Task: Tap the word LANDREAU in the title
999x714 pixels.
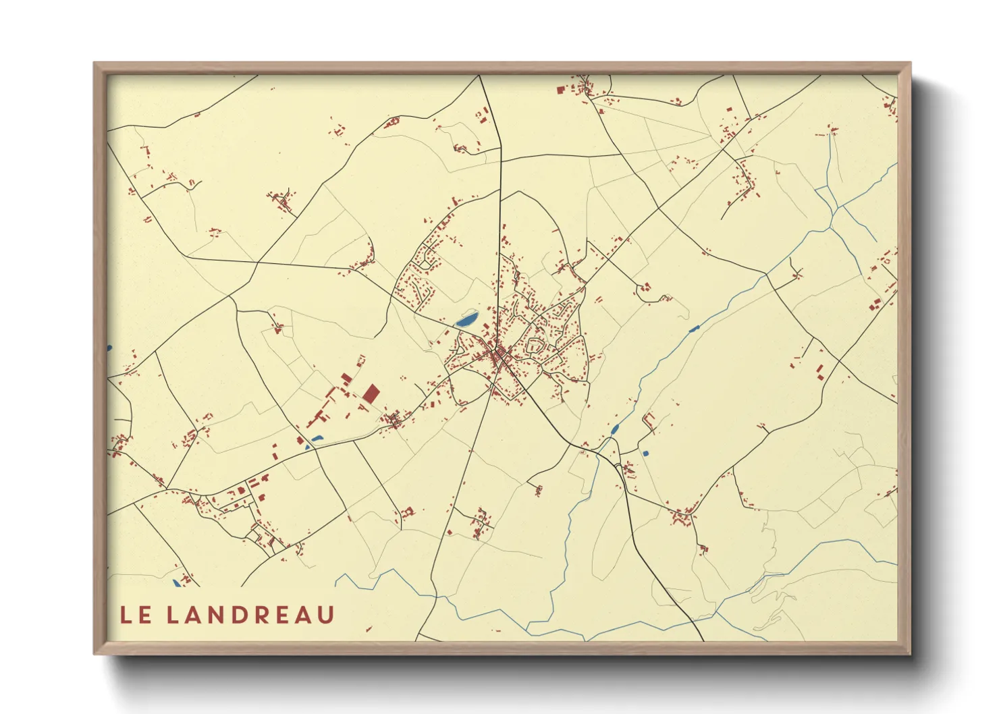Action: (250, 615)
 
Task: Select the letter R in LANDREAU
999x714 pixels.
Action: (262, 615)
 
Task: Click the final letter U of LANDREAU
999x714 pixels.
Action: (326, 615)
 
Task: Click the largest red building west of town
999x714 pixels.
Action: (371, 394)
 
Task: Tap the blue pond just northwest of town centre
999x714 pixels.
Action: (466, 319)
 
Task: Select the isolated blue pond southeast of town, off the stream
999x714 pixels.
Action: (645, 453)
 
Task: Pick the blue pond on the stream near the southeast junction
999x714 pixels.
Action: (615, 429)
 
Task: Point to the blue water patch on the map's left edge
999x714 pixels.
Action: (109, 348)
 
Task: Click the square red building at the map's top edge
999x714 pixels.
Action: (560, 89)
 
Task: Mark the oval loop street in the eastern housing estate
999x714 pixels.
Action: (535, 346)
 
